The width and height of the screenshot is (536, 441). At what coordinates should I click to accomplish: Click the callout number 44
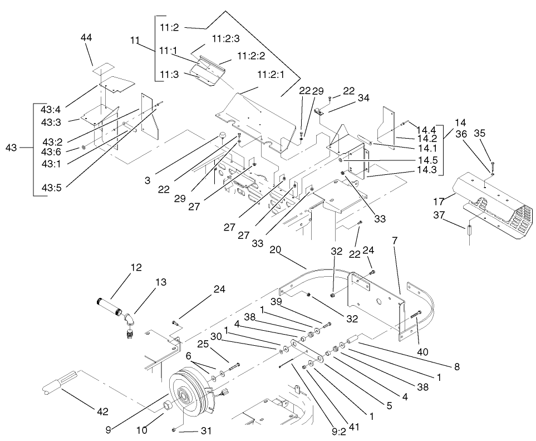click(86, 37)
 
